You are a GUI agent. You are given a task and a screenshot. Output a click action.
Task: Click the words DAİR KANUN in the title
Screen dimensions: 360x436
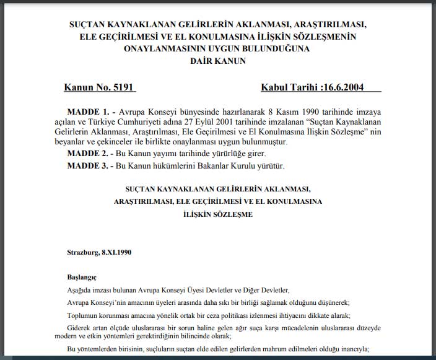coord(217,61)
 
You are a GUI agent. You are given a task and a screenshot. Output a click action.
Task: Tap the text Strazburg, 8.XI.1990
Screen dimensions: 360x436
coord(98,252)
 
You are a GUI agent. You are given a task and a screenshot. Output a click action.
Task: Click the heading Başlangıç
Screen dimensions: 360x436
coord(82,277)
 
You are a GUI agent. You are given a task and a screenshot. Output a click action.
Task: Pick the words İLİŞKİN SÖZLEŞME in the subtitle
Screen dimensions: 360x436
coord(218,214)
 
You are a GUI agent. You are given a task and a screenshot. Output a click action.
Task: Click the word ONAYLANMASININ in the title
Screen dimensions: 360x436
coord(158,49)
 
